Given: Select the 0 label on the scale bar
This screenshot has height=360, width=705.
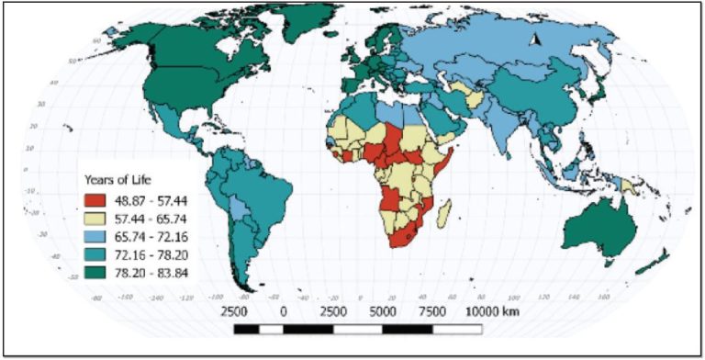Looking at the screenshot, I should point(284,312).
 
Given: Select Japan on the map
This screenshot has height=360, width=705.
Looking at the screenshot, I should point(594,96).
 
